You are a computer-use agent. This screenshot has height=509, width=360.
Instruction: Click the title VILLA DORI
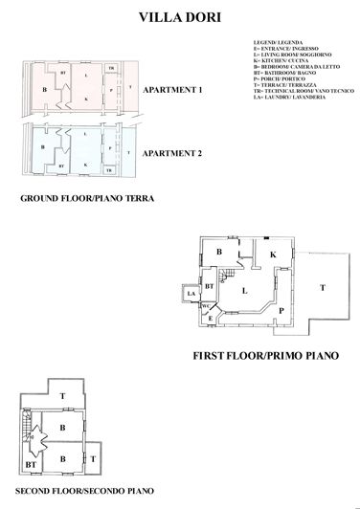coord(180,16)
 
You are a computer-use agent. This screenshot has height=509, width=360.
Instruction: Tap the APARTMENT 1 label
coord(172,90)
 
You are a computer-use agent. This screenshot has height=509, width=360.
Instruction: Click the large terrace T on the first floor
coord(322,286)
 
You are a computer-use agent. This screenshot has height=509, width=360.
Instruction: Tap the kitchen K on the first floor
coord(272,254)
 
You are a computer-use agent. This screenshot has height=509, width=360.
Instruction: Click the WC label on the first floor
coord(205,306)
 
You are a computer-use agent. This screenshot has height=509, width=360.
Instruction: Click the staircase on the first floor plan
coord(227,278)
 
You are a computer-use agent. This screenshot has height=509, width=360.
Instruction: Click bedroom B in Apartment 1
coord(45,89)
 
